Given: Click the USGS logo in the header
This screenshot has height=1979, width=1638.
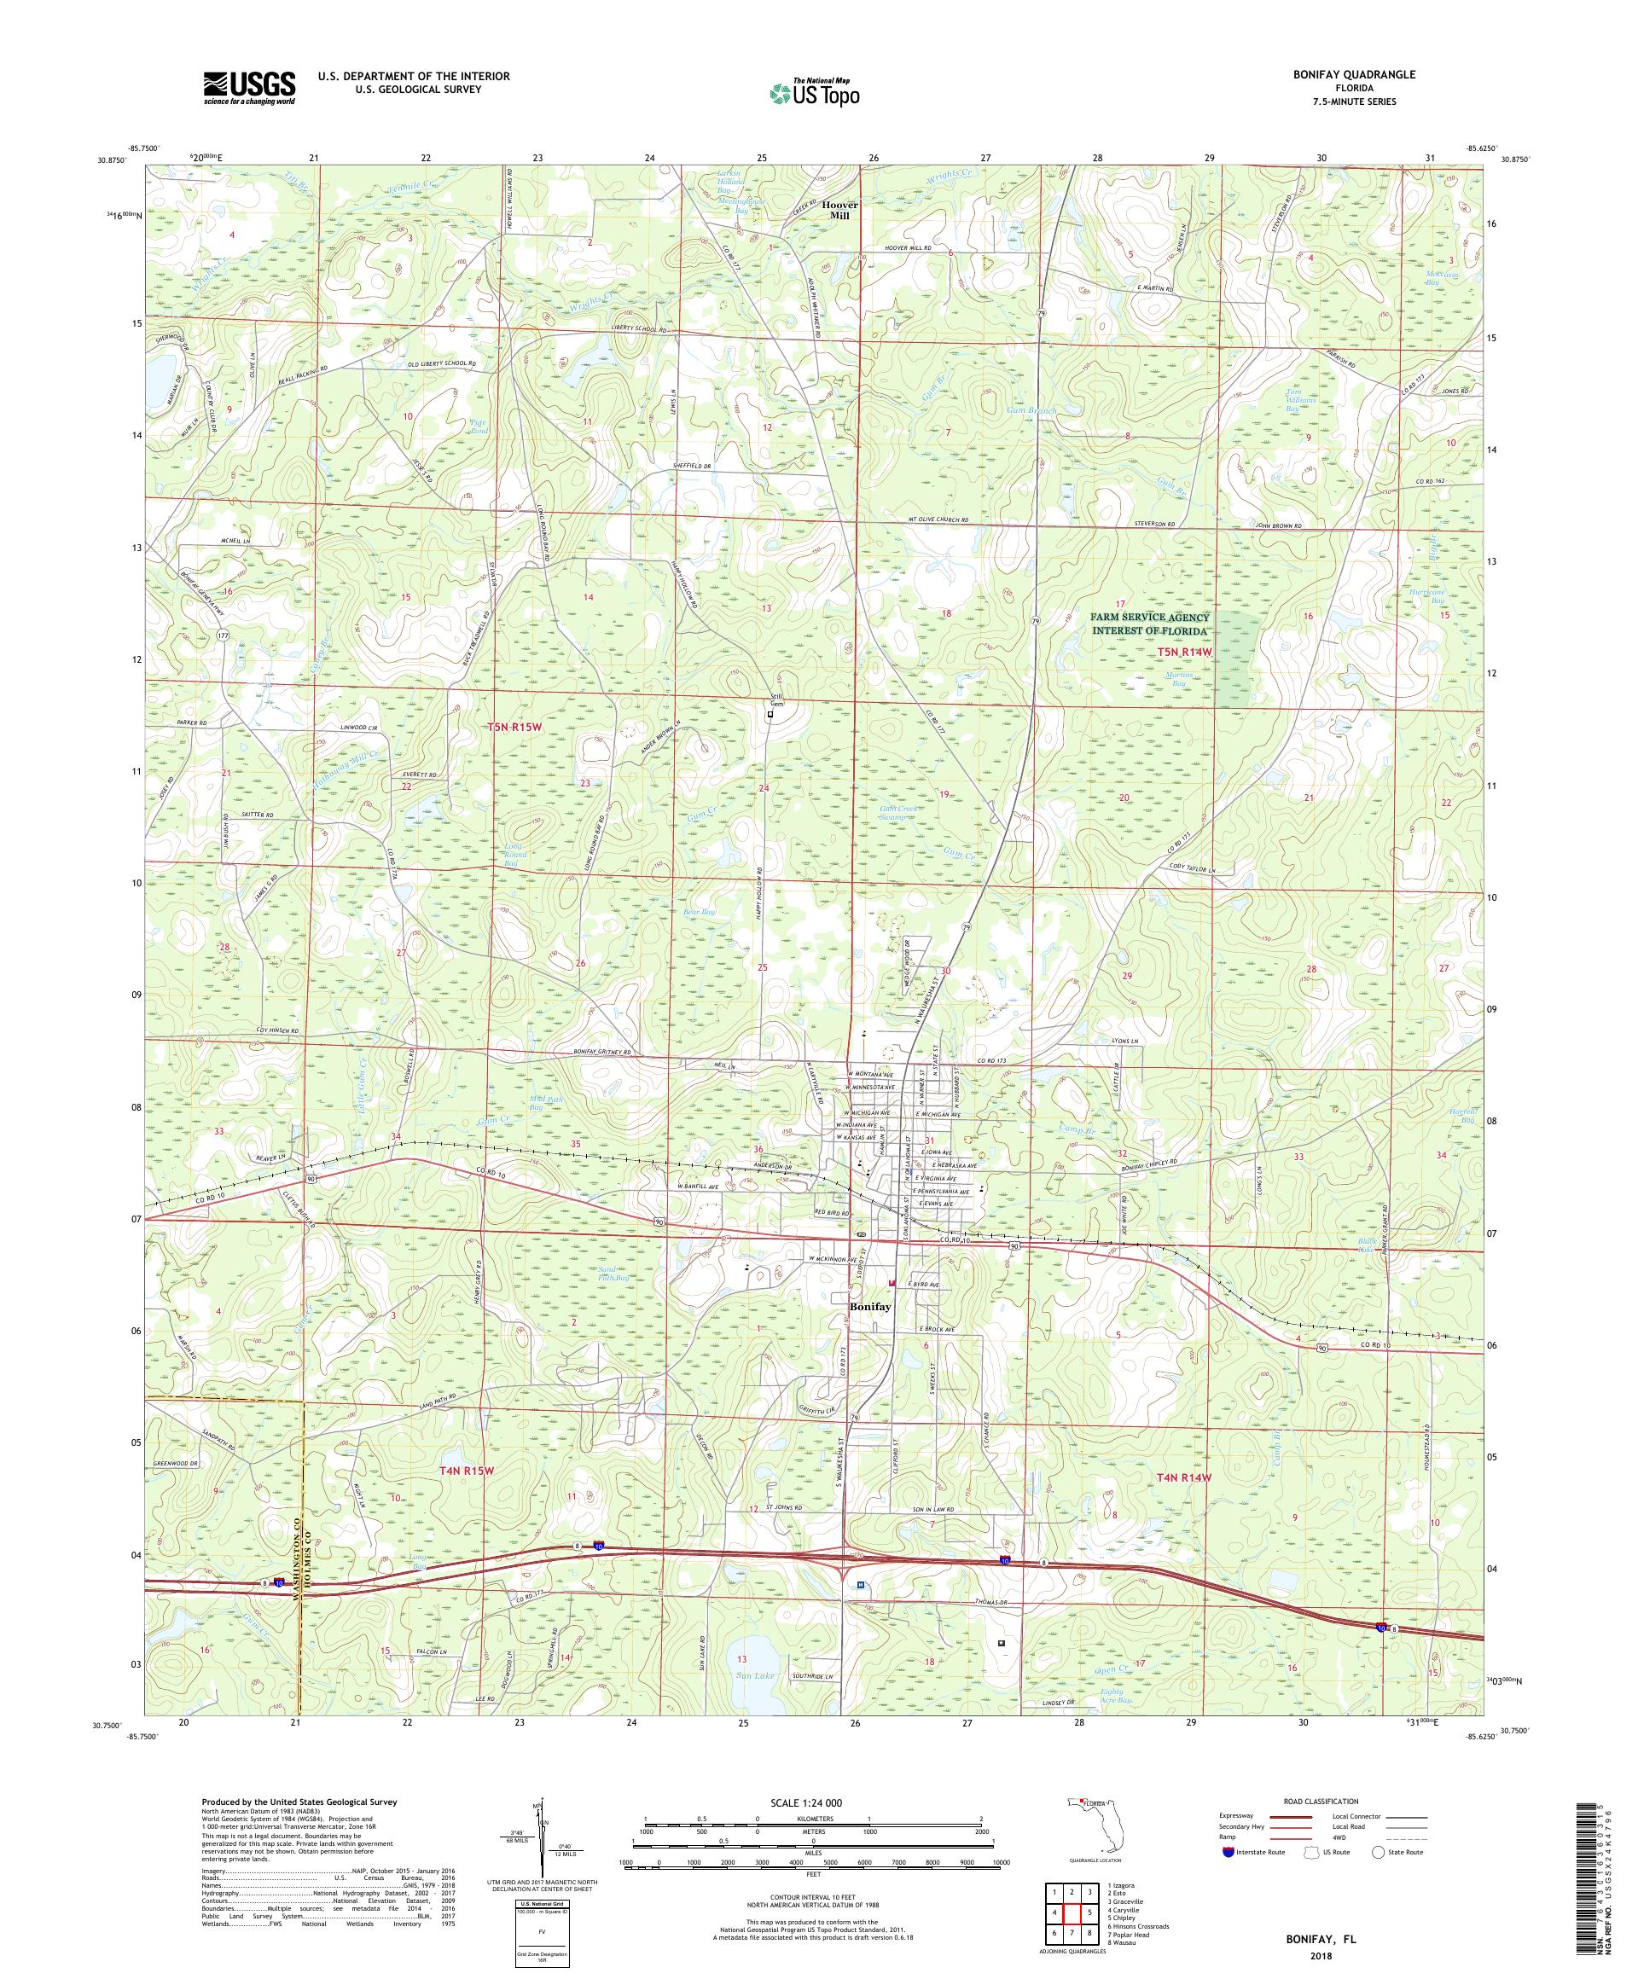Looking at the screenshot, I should tap(249, 88).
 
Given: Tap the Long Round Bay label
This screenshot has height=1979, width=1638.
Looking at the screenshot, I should tap(510, 855).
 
